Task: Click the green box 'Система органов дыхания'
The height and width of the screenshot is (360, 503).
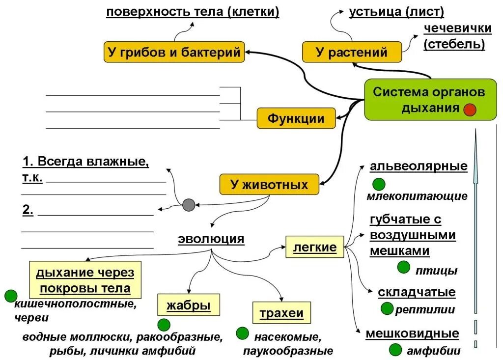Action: (430, 99)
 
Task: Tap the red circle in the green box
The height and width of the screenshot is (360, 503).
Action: (470, 110)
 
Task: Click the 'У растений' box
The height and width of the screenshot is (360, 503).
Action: (351, 52)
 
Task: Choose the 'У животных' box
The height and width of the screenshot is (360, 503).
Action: (269, 185)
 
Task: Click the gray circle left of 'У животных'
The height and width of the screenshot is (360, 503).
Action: (189, 205)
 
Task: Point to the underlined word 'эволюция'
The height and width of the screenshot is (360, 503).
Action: (211, 239)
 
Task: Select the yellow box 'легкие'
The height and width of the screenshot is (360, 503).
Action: (314, 247)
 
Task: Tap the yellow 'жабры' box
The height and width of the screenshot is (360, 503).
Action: (189, 305)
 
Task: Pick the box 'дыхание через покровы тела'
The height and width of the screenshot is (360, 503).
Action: (85, 280)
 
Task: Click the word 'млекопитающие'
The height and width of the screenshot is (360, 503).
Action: (417, 196)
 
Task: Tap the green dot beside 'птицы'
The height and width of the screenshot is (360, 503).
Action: (403, 267)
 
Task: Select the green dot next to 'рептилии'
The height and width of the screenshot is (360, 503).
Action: (388, 308)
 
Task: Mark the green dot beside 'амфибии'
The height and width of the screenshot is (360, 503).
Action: (396, 350)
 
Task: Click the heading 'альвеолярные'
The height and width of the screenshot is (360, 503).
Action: (419, 166)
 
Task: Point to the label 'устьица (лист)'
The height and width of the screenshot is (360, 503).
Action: (396, 11)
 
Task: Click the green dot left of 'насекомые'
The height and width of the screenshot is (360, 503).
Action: (242, 333)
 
